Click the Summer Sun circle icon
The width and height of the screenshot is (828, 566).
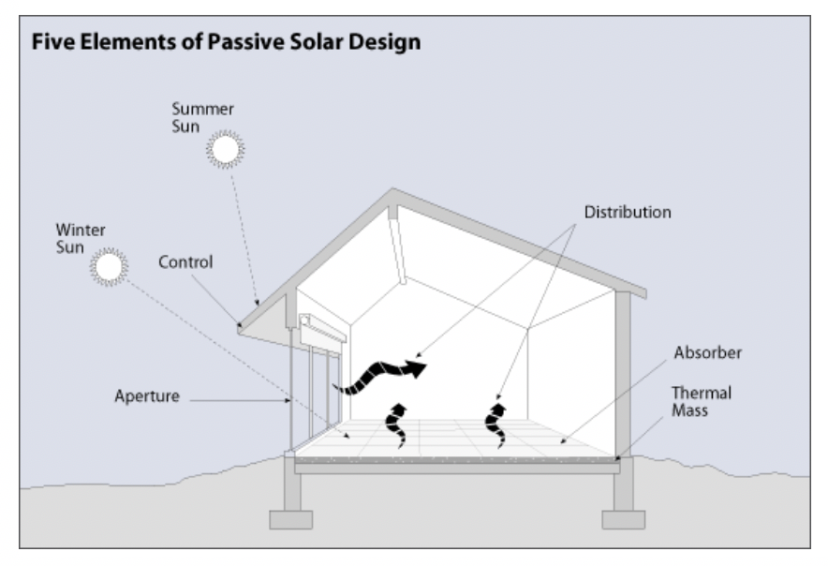[x=225, y=148]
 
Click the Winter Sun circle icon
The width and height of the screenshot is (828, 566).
[x=108, y=267]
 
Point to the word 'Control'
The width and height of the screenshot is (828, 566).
[x=187, y=262]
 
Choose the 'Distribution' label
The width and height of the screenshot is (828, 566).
[x=628, y=213]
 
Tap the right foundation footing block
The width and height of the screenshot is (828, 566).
[x=624, y=518]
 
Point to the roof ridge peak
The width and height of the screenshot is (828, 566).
[x=393, y=193]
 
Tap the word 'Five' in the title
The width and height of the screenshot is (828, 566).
[x=52, y=44]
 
